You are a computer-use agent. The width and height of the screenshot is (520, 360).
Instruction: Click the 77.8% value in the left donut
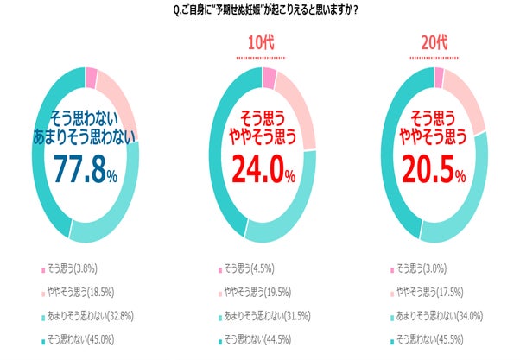86,169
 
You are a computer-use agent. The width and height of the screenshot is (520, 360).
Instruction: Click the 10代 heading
262,45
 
